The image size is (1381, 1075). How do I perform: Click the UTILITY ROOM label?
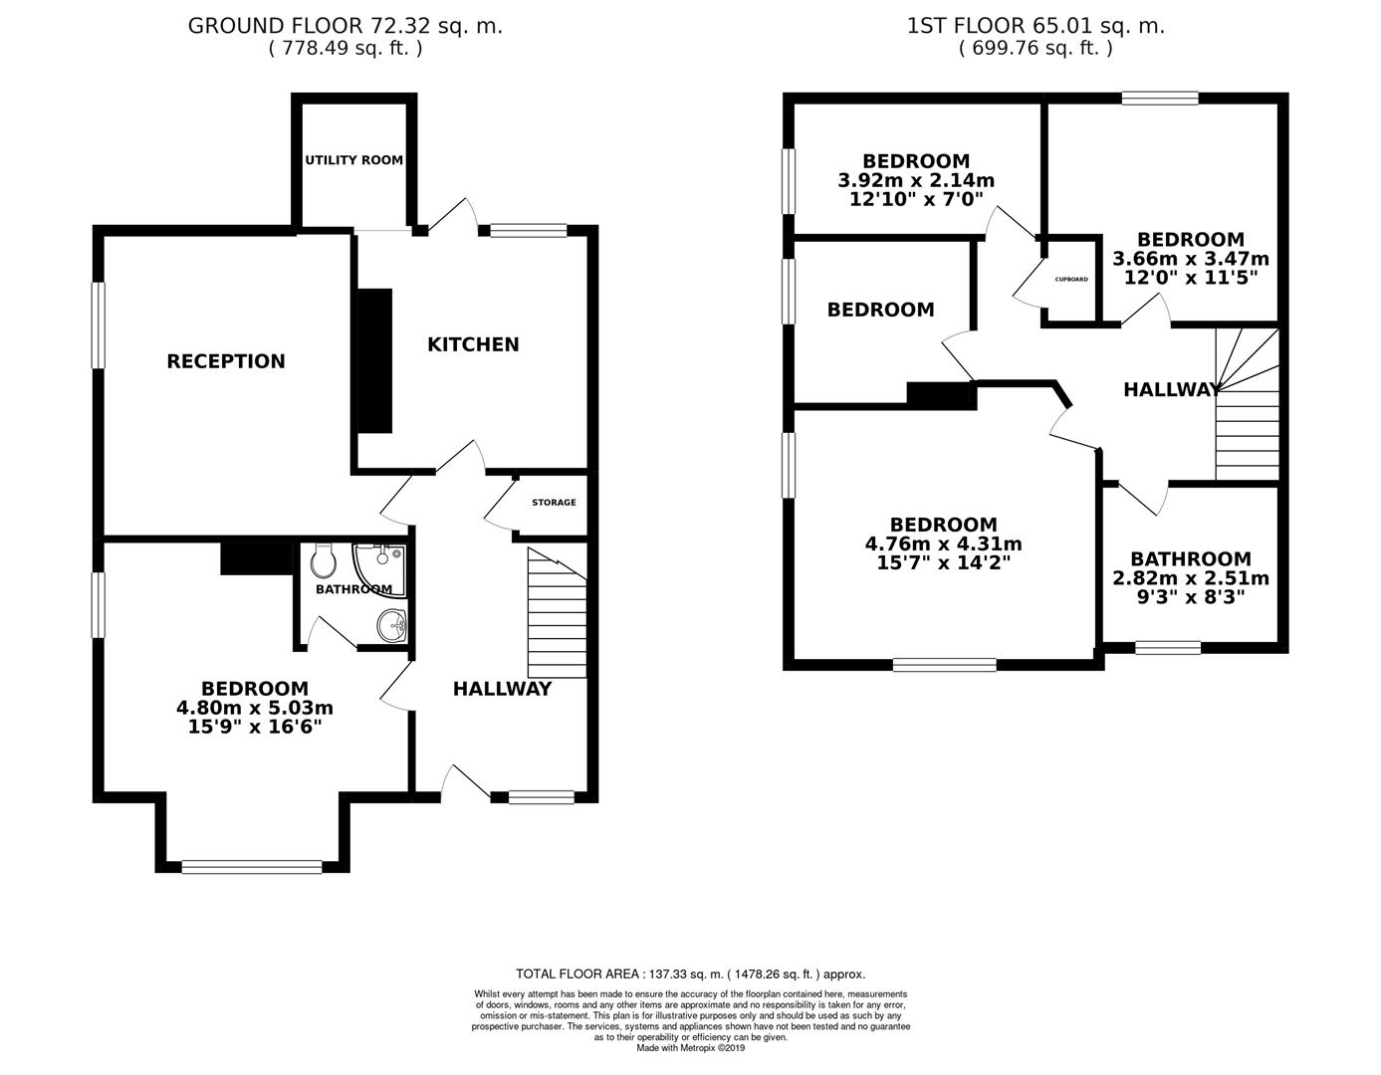pos(353,160)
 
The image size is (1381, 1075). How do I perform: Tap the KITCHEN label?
pos(473,344)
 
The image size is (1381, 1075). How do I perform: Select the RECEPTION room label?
pos(226,361)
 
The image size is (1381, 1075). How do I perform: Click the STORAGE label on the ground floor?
pos(554,503)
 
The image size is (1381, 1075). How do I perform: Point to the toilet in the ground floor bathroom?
pos(323,563)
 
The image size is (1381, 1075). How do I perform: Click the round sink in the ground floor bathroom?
pos(391,627)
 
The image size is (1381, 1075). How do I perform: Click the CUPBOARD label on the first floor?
pos(1071,280)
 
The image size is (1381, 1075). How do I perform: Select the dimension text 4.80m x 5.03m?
pos(255,709)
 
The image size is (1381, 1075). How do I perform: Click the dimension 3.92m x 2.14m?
pos(916,181)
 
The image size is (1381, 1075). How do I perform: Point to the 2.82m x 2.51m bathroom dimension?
pos(1191,579)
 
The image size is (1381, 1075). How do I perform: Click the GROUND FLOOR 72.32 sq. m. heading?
pos(345,26)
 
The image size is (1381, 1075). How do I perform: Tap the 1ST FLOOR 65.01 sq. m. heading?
pos(1036,26)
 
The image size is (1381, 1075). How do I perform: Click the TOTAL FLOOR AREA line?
pos(690,974)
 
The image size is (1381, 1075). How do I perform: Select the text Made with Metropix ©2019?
pos(690,1047)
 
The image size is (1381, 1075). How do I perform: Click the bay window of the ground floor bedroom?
pos(252,867)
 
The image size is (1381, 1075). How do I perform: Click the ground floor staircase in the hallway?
pos(557,617)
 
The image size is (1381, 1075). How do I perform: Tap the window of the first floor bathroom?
pos(1168,648)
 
